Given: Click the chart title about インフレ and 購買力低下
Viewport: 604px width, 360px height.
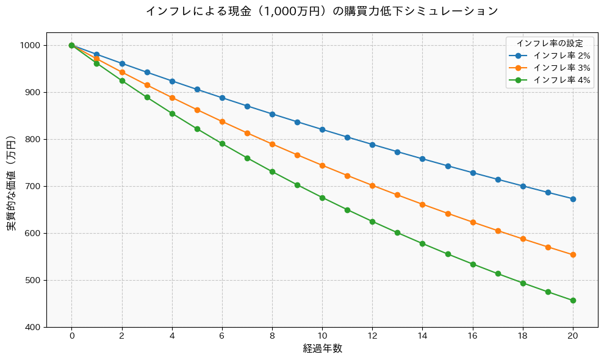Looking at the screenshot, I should coord(322,11).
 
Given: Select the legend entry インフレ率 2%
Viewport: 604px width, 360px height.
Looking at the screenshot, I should coord(561,56).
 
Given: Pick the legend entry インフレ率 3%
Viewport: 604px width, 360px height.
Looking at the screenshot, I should coord(561,68).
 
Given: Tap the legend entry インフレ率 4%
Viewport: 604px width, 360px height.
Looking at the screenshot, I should coord(561,80).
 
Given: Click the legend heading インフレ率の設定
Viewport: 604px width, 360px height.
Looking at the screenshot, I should coord(550,43).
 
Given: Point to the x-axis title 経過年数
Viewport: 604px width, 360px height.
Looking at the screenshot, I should coord(322,349).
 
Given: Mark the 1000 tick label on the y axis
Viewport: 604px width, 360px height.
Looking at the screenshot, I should coord(29,45).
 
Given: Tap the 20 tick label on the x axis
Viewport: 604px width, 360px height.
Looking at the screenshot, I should coord(573,336).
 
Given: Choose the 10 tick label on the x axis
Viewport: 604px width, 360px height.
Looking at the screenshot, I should coord(322,336).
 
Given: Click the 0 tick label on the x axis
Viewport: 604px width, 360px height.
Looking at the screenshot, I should coord(71,336).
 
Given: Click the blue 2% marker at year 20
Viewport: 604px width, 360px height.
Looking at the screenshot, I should coord(573,199).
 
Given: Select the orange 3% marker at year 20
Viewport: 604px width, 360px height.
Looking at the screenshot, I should coord(573,255).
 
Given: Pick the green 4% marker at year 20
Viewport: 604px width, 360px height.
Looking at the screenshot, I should coord(573,300).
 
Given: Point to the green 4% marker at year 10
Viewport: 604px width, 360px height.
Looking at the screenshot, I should coord(322,198).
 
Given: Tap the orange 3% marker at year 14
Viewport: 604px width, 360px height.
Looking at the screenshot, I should coord(422,204).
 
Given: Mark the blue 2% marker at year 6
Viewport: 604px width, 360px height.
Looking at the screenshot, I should coord(222,98).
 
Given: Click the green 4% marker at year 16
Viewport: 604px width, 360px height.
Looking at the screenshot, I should coord(473,264).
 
